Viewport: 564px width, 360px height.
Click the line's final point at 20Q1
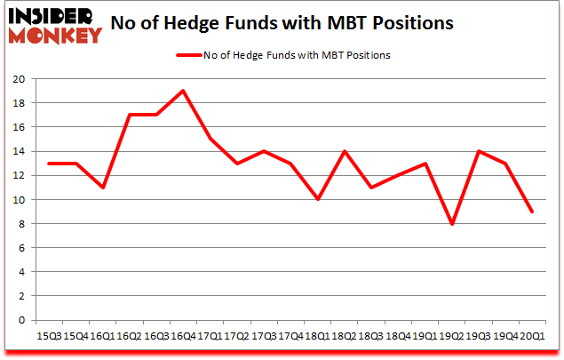pos(531,212)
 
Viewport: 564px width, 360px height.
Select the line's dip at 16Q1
pos(103,188)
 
